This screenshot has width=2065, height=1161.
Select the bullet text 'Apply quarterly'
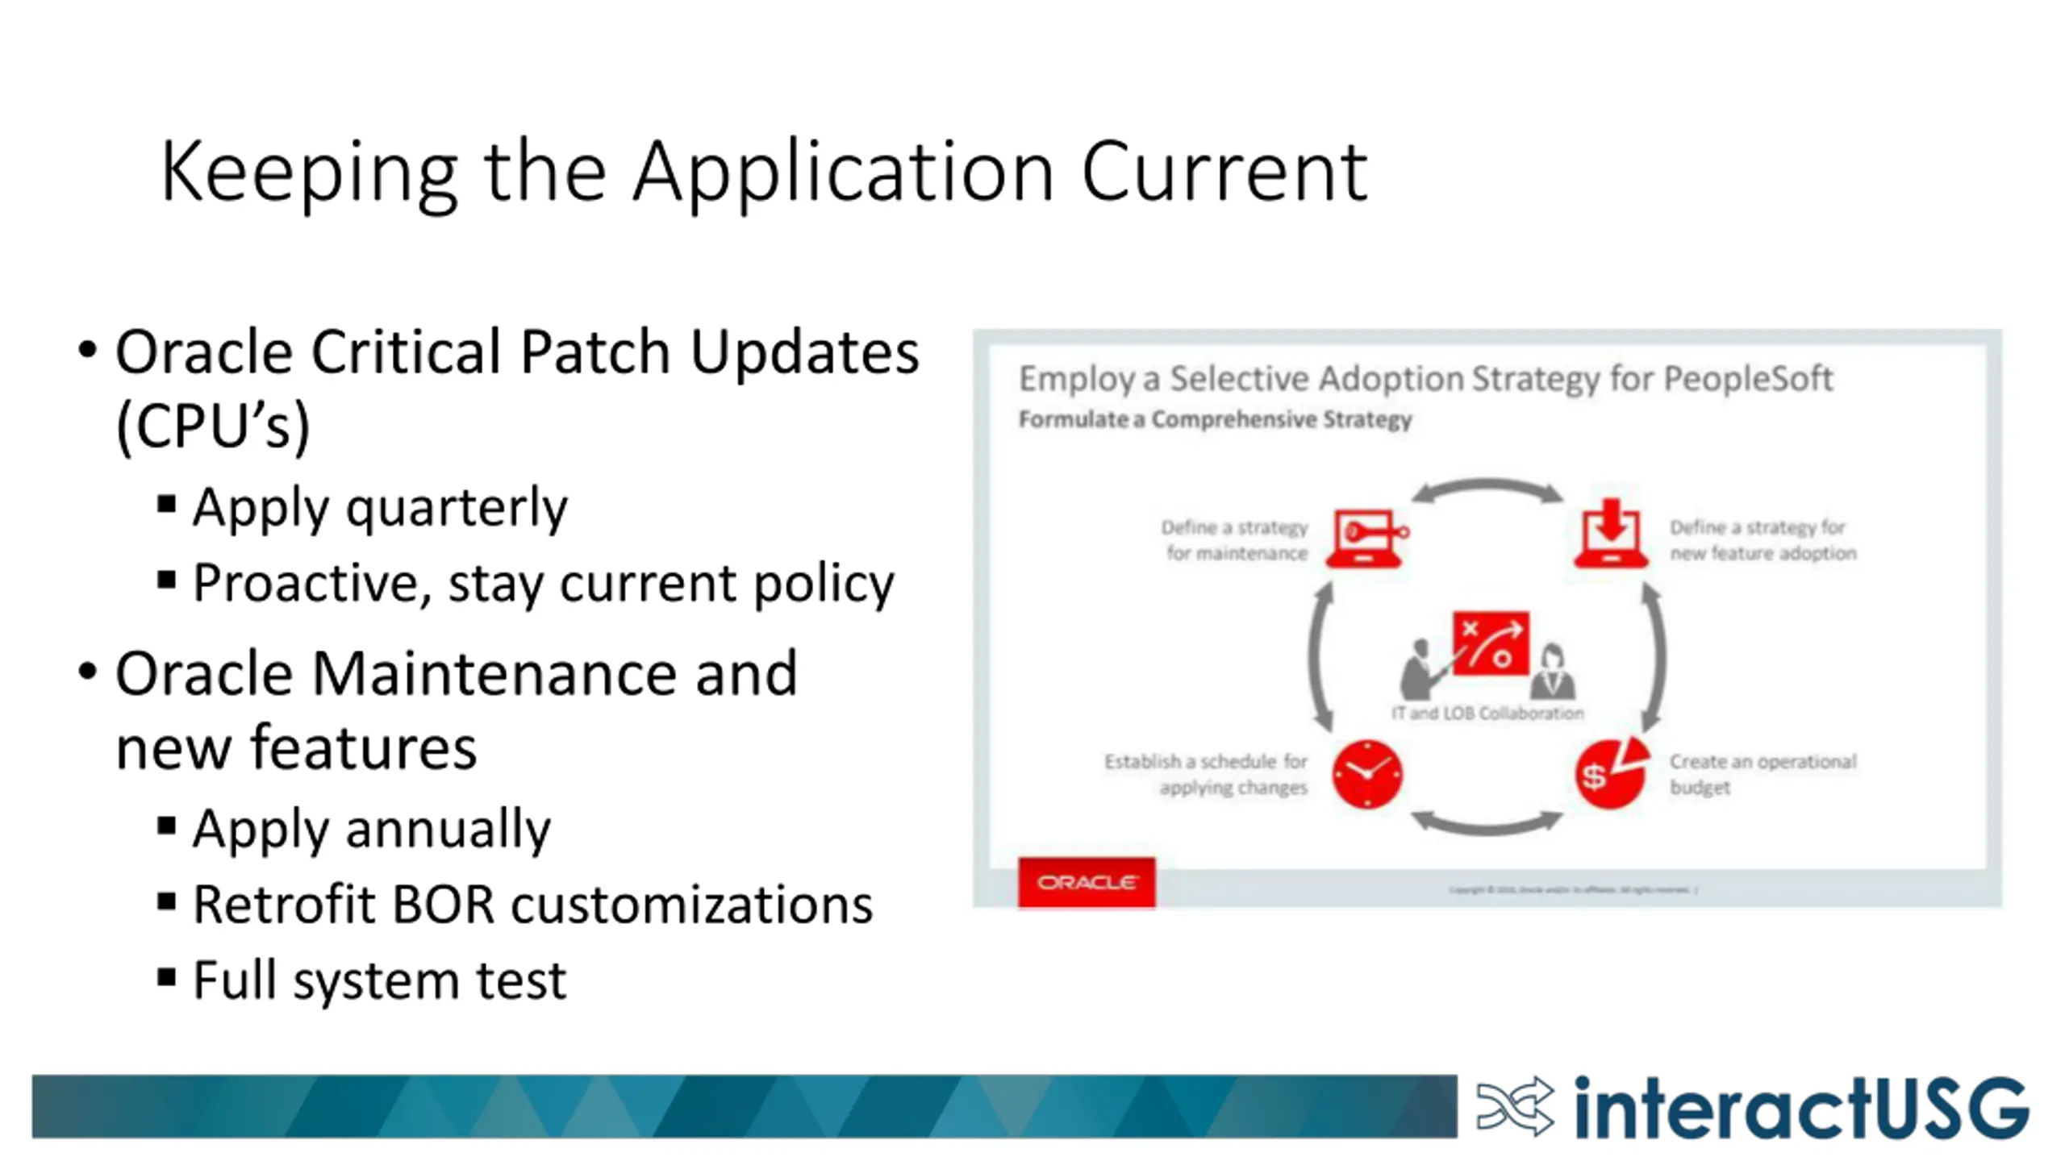[380, 508]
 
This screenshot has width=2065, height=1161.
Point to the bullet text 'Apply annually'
[372, 828]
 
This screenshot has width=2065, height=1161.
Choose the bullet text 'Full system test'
[380, 980]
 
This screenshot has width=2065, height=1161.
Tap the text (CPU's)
[213, 426]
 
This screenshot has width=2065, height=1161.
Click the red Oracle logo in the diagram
[1086, 882]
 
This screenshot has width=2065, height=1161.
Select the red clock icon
[1366, 774]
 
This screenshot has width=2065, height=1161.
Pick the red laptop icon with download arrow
[1611, 534]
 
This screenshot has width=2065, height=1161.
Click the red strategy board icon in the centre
[1491, 643]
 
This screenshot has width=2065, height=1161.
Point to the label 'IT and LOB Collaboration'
[1487, 714]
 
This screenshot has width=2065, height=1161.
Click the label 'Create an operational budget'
[1762, 774]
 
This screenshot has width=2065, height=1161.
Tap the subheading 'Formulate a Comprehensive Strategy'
[1215, 420]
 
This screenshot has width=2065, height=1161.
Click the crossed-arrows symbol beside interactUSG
[1514, 1106]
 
